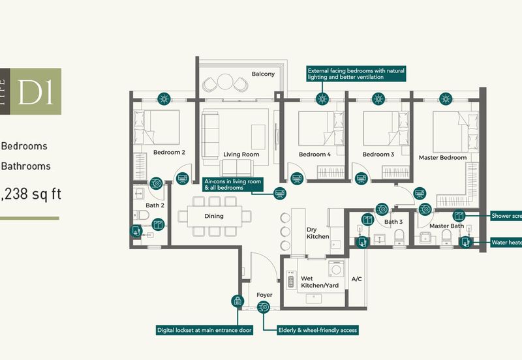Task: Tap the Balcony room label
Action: point(263,74)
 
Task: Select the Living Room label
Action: point(241,155)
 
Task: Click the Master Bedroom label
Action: point(442,158)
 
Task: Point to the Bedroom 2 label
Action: point(169,153)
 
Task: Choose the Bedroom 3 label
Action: point(378,155)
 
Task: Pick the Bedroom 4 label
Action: point(315,155)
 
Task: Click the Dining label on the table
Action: point(213,217)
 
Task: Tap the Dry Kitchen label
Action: point(318,233)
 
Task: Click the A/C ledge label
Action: point(357,278)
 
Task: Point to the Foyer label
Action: point(264,295)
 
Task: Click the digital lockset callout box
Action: point(205,330)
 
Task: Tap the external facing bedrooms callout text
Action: point(356,73)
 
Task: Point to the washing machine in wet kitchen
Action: point(337,269)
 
